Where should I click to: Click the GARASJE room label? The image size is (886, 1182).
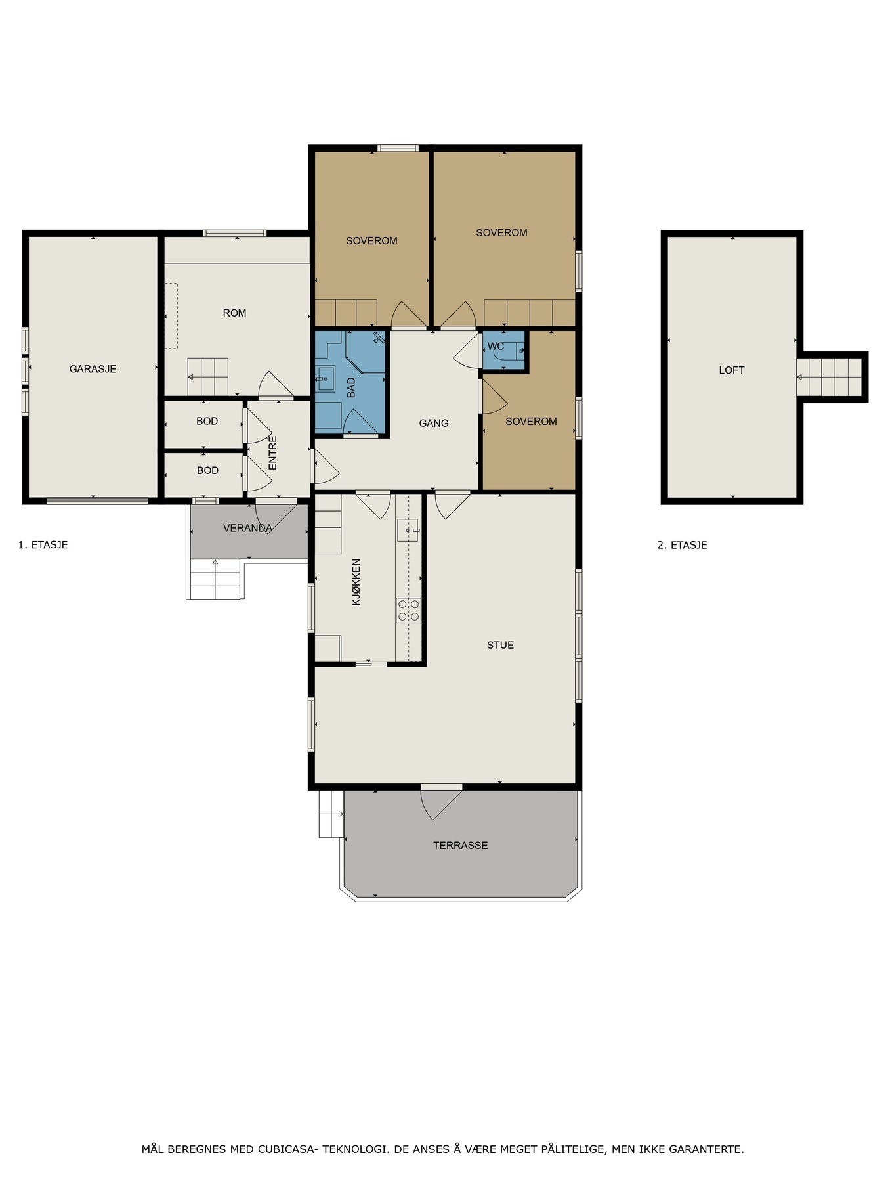click(x=93, y=369)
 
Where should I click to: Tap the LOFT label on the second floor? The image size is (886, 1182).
click(x=731, y=370)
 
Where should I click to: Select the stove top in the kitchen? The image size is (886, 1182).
click(x=408, y=610)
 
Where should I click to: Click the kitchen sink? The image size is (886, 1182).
click(x=408, y=529)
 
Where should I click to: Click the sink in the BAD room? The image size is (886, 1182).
click(x=325, y=378)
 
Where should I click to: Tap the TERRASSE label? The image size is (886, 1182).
click(x=460, y=845)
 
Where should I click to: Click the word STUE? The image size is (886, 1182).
click(x=500, y=645)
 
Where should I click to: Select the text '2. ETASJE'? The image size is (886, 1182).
click(x=682, y=545)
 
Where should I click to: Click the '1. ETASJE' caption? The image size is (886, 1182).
click(x=43, y=545)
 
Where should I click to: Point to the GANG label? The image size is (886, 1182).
click(x=434, y=424)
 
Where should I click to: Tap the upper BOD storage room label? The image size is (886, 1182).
click(x=207, y=422)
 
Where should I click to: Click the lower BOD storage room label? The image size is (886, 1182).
click(x=207, y=471)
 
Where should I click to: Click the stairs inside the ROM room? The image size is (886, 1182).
click(x=207, y=377)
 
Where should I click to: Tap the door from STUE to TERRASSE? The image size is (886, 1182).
click(x=441, y=802)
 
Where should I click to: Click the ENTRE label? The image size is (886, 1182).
click(x=273, y=452)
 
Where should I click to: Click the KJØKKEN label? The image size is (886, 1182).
click(x=356, y=582)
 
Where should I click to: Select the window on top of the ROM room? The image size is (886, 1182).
click(x=234, y=233)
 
